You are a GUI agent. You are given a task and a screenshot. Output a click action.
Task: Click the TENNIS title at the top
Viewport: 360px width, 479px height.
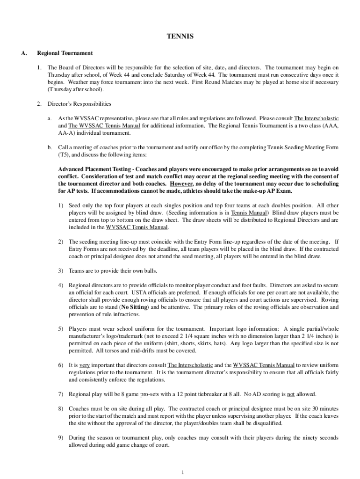tap(180, 36)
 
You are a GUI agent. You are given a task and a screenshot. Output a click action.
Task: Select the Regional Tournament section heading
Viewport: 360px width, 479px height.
tap(65, 53)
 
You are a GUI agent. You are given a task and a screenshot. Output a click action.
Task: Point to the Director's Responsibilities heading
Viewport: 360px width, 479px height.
tap(79, 103)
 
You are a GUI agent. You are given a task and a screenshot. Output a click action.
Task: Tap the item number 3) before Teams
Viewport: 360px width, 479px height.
tap(61, 271)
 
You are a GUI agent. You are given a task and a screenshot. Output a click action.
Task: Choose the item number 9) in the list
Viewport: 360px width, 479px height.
tap(61, 438)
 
